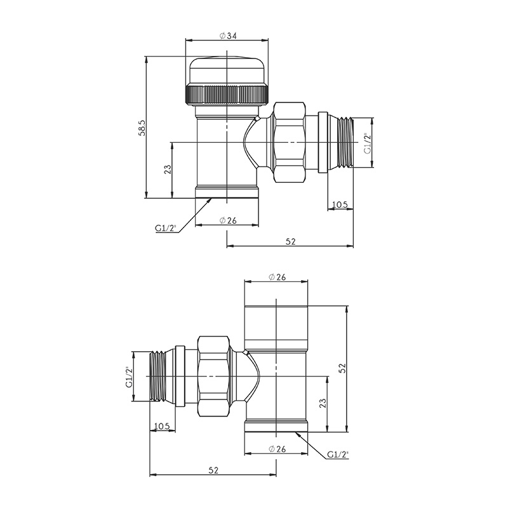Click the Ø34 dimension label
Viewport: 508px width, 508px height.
(x=228, y=36)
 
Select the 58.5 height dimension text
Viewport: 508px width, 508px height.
(x=142, y=128)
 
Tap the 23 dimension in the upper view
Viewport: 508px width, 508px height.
(x=168, y=170)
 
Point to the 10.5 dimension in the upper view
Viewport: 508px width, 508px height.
(x=340, y=204)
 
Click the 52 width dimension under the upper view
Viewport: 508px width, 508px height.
(x=291, y=241)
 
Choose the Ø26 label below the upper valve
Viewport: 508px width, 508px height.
(x=228, y=220)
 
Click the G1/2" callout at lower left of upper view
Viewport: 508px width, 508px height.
(x=165, y=228)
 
